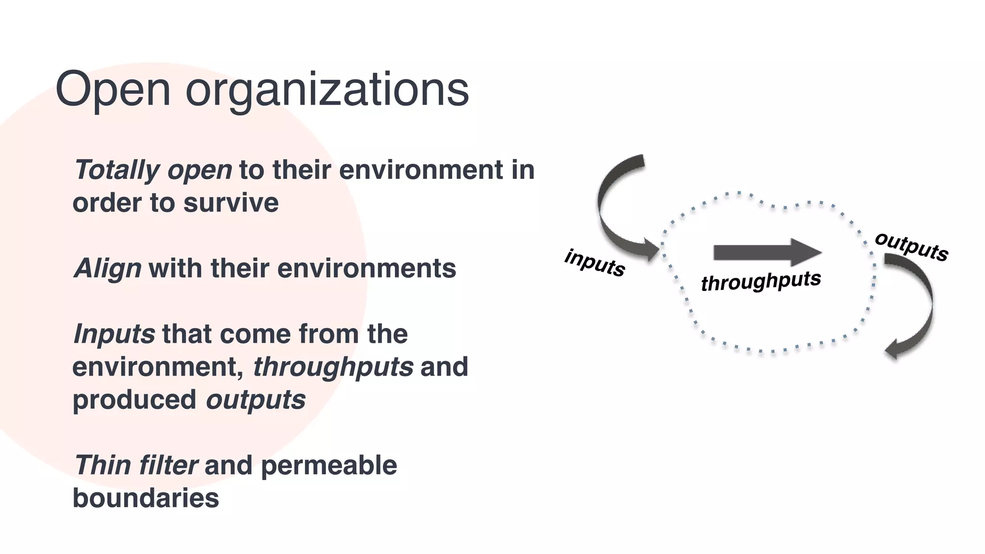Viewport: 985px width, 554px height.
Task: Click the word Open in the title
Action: tap(113, 90)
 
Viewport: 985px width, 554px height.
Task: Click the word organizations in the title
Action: tap(327, 90)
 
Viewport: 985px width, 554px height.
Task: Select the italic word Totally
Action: tap(117, 170)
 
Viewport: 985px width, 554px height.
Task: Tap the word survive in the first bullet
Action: tap(231, 202)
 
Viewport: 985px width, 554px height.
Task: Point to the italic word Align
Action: tap(107, 268)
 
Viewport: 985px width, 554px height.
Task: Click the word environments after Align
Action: tap(366, 268)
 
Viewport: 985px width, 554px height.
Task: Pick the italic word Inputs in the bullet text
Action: tap(114, 334)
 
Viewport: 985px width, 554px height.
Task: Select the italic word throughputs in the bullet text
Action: tap(333, 367)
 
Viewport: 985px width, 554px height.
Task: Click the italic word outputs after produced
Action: tap(255, 400)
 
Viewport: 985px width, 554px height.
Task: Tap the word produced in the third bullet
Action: tap(134, 400)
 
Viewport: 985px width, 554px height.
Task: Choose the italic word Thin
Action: tap(101, 466)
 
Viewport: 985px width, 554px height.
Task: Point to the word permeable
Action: tap(329, 466)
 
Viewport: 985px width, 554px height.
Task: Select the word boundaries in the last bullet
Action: tap(146, 498)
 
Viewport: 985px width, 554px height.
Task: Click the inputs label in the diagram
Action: tap(594, 263)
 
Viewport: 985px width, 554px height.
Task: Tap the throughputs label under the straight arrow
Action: tap(761, 281)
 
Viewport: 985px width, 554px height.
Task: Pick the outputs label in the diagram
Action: tap(911, 246)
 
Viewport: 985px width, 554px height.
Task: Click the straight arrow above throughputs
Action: tap(767, 252)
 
